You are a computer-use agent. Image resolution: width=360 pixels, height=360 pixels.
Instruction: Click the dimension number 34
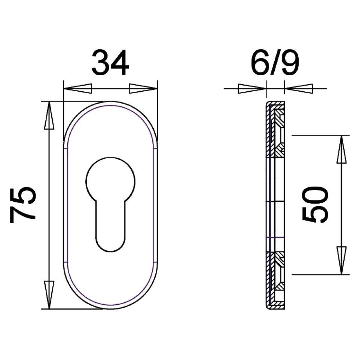(110, 62)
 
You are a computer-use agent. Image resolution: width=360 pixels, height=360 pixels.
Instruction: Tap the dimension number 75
(23, 205)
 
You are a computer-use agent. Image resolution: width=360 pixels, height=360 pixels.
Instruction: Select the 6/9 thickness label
(275, 62)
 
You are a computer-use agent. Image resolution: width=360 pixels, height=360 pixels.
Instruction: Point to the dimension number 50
(315, 205)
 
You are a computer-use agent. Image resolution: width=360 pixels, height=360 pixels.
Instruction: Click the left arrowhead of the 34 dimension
(77, 88)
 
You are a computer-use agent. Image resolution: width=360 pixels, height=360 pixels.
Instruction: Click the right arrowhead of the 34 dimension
(143, 88)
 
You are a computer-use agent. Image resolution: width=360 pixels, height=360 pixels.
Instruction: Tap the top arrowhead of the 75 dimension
(49, 116)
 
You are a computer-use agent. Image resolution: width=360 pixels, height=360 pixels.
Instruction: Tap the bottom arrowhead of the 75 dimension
(49, 295)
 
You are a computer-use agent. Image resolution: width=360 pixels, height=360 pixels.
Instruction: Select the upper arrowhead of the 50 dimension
(341, 149)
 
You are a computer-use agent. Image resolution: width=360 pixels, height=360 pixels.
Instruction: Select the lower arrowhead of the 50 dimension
(341, 260)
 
